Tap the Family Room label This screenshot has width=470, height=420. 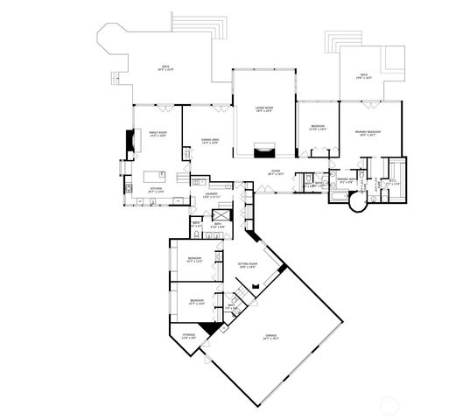[158, 134]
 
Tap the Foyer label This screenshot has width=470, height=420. [275, 171]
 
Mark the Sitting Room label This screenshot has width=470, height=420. [247, 265]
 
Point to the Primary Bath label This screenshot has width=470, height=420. [345, 179]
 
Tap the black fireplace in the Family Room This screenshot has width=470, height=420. [132, 141]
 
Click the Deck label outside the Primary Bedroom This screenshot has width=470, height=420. [363, 76]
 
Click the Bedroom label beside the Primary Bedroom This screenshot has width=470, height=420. [317, 128]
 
